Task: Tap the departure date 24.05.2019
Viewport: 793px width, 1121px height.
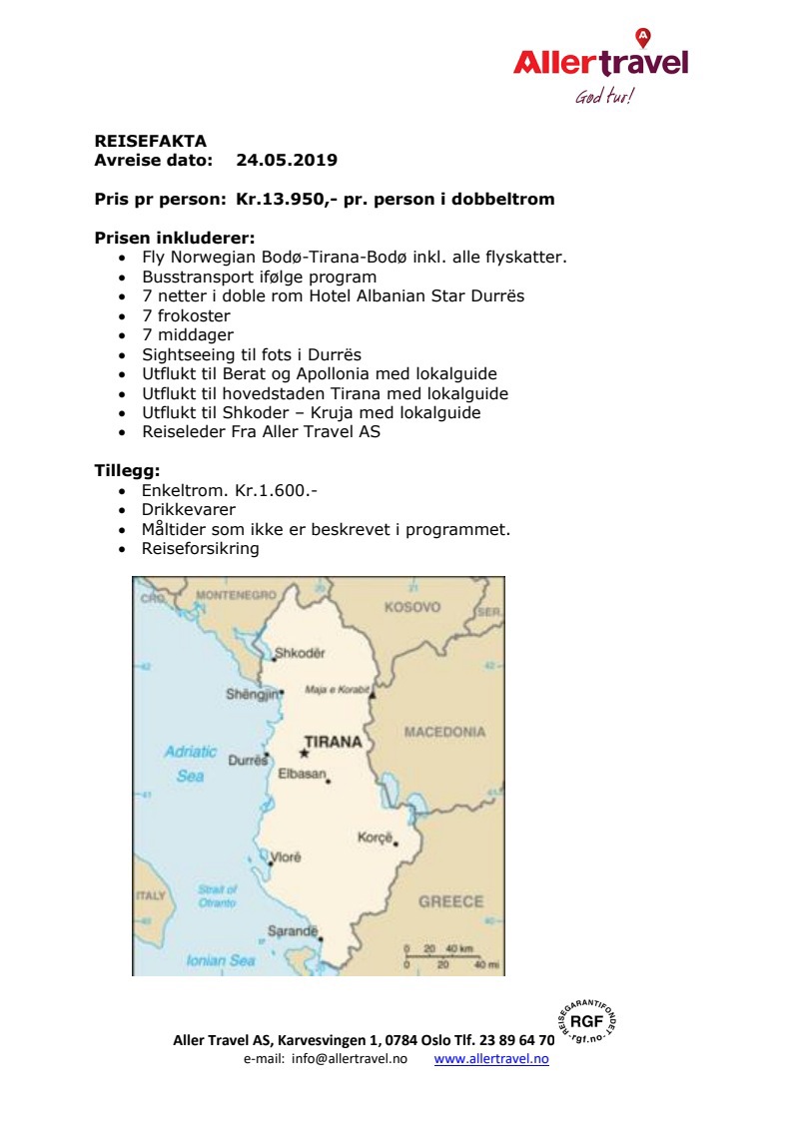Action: (x=287, y=160)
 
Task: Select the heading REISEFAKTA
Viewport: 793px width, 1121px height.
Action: (x=150, y=142)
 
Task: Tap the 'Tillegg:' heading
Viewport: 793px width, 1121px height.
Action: (x=127, y=470)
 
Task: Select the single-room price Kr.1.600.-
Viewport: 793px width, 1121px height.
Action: (x=277, y=490)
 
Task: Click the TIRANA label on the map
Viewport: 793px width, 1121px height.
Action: (x=333, y=742)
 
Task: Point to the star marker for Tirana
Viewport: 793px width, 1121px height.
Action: (x=304, y=754)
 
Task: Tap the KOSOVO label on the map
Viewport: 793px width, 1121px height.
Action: (x=411, y=607)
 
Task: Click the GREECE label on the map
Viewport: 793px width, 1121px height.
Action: (x=450, y=901)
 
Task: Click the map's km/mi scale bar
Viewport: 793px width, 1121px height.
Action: (x=445, y=956)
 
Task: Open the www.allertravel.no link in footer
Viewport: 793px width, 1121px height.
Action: (x=491, y=1059)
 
